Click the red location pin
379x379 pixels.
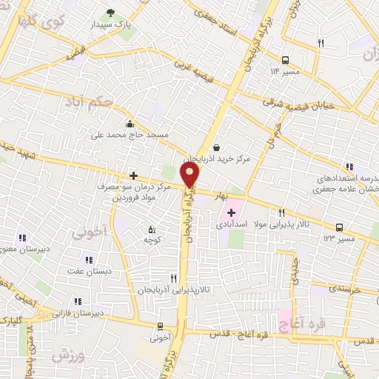pos(191,175)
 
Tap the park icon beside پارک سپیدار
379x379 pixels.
pos(112,12)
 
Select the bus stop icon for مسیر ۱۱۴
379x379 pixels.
pos(285,60)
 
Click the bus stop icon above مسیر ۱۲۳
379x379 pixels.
pos(339,227)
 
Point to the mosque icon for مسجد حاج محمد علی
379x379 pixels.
pos(131,124)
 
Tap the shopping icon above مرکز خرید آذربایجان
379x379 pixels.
pos(215,147)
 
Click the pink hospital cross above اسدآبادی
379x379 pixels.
pos(232,212)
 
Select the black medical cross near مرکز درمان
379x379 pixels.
pos(133,175)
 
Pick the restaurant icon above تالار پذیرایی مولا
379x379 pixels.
pos(282,212)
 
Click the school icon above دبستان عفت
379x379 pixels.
pos(89,260)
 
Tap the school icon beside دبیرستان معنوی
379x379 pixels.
pos(22,238)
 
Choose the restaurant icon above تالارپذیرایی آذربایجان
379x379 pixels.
pos(174,278)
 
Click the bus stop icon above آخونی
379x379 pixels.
pos(160,326)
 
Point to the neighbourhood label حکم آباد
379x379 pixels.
pos(90,100)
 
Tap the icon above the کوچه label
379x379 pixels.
pos(152,229)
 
